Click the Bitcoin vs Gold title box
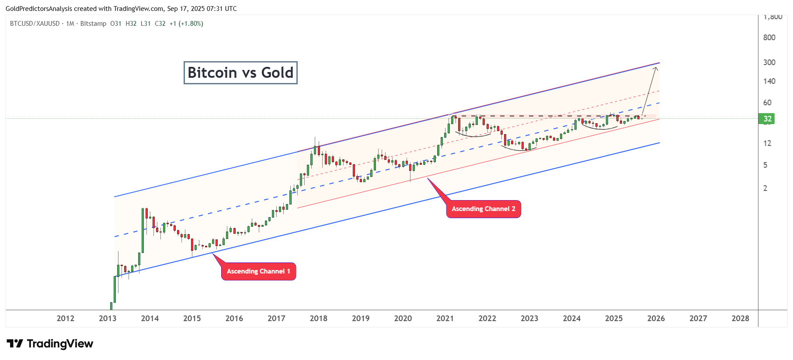(240, 73)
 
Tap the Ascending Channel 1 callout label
(258, 271)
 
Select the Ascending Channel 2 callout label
(483, 209)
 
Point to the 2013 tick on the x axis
(108, 318)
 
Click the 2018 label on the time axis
(318, 318)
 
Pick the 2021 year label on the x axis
(445, 318)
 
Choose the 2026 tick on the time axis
(656, 318)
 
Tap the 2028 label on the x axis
(740, 318)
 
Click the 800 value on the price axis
(769, 38)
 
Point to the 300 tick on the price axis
(769, 62)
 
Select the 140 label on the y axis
(769, 81)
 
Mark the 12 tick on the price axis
(767, 143)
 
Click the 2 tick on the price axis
(765, 188)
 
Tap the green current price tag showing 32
(767, 119)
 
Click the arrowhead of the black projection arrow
(656, 68)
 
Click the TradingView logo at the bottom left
(50, 344)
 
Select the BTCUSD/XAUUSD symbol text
(35, 24)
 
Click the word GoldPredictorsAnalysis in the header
(39, 9)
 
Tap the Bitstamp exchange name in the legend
(93, 24)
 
